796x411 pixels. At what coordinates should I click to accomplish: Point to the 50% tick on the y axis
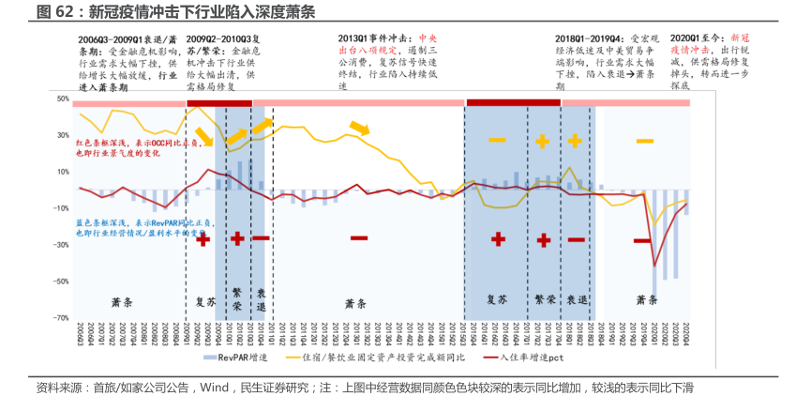(63, 99)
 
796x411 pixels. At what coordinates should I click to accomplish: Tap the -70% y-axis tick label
(61, 317)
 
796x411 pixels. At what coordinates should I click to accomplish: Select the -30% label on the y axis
(61, 245)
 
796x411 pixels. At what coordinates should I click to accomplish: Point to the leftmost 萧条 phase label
(122, 303)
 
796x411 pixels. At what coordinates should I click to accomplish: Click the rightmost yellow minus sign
(645, 141)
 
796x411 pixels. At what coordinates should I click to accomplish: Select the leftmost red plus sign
(203, 240)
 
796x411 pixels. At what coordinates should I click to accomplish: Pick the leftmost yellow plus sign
(543, 141)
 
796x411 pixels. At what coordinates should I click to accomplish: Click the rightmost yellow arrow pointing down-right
(359, 129)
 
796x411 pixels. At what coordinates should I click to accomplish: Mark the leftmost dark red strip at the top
(220, 102)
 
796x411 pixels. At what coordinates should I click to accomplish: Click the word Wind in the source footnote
(214, 388)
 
